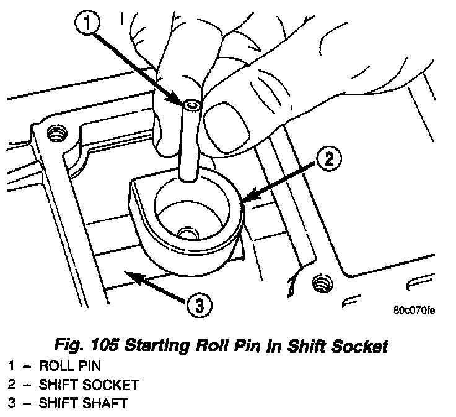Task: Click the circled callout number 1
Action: coord(87,23)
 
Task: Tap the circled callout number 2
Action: coord(329,159)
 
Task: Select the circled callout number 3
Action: coord(199,305)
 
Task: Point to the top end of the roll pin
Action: coord(191,105)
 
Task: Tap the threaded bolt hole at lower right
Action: coord(323,283)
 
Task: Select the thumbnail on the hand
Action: coord(227,128)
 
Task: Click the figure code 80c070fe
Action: coord(414,311)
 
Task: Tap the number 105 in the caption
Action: coord(105,345)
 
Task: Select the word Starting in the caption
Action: coord(157,346)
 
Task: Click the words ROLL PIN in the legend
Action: coord(70,366)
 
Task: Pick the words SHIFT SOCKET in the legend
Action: coord(89,385)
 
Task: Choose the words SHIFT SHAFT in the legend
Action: coord(83,403)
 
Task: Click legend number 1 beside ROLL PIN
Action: coord(11,366)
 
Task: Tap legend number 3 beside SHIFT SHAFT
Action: coord(11,403)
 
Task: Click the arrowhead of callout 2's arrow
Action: coord(248,196)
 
